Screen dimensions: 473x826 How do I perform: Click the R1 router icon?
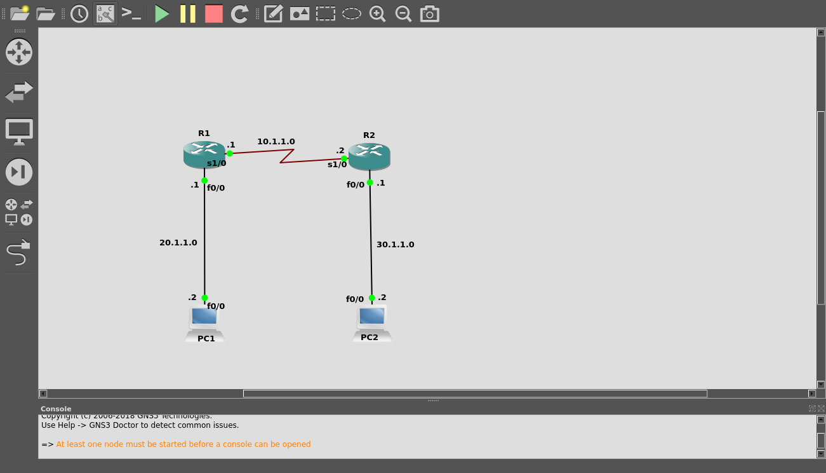click(x=204, y=154)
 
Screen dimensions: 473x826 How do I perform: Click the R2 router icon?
click(x=369, y=156)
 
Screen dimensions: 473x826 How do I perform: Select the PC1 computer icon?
click(x=204, y=321)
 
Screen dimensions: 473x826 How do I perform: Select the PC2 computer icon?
click(x=372, y=320)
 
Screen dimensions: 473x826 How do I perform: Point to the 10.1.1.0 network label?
click(x=276, y=142)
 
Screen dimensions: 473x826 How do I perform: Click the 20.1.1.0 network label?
click(x=178, y=243)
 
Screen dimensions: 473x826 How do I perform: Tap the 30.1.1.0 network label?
click(x=395, y=245)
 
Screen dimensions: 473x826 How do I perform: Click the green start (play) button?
click(x=162, y=13)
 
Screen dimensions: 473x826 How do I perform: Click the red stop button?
click(x=214, y=13)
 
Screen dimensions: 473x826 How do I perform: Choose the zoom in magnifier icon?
click(x=378, y=13)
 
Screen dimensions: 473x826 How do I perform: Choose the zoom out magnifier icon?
click(x=403, y=13)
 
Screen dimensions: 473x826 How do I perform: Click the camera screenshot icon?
click(x=430, y=13)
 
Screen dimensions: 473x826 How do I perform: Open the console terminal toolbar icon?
click(x=131, y=13)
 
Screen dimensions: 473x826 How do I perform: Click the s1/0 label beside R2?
click(x=337, y=165)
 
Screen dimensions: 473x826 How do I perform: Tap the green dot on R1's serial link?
click(x=230, y=153)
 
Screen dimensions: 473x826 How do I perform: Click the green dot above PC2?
click(x=372, y=298)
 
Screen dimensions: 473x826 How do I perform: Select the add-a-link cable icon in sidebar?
click(x=18, y=252)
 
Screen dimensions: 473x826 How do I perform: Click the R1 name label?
click(x=204, y=134)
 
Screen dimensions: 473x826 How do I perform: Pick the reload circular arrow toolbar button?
click(x=239, y=13)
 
